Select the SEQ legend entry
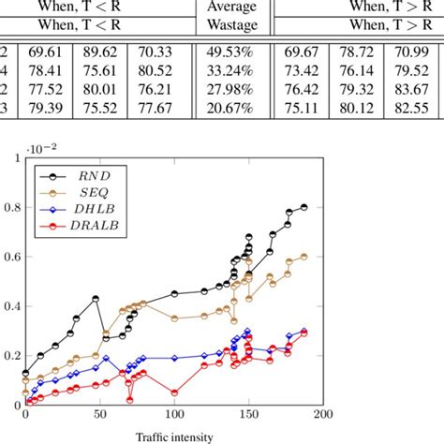point(85,191)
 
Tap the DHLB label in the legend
point(87,209)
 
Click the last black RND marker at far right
point(303,207)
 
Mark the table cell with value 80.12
point(359,110)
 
